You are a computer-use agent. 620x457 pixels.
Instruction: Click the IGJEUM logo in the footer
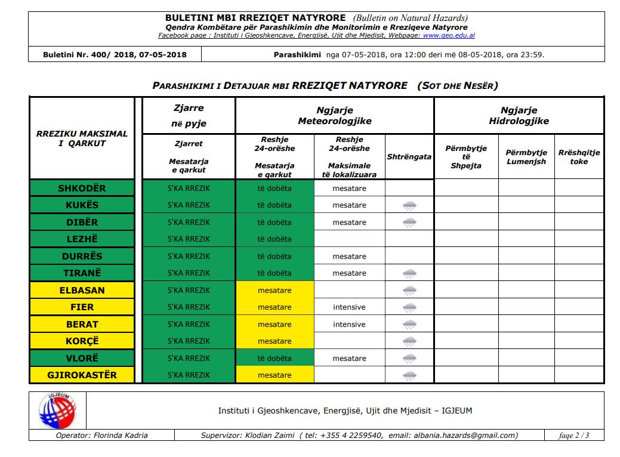(57, 410)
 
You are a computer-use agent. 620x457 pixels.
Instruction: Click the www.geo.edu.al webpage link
(449, 36)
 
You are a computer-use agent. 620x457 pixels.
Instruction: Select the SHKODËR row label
(82, 189)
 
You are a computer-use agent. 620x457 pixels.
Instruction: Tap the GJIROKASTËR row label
(82, 375)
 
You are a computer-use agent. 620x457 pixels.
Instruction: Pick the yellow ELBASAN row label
(82, 291)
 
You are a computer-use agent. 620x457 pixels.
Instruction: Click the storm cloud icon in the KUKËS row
(409, 205)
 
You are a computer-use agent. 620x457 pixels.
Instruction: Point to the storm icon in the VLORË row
(409, 359)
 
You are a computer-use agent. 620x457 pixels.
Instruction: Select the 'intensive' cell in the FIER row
(349, 307)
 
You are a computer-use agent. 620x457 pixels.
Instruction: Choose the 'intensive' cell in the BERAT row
(349, 325)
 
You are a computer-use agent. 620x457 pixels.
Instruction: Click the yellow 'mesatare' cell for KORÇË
(274, 341)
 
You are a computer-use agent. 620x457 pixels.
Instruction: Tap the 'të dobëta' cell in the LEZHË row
(274, 239)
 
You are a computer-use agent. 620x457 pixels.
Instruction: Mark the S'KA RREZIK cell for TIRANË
(189, 273)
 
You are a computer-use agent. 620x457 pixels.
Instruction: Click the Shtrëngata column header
(409, 157)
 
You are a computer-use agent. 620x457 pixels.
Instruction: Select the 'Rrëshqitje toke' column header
(579, 157)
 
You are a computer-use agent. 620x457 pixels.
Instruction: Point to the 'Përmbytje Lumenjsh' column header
(526, 157)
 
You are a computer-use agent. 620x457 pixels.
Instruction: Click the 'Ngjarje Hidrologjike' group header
(519, 116)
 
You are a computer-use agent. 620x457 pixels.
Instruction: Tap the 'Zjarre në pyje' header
(189, 116)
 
